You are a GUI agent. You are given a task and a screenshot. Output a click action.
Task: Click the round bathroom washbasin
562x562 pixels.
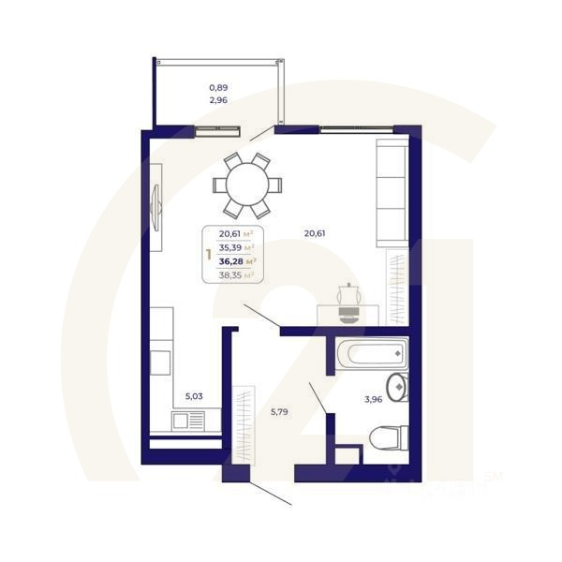pyautogui.click(x=397, y=385)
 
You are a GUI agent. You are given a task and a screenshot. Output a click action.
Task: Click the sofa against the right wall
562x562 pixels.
pyautogui.click(x=391, y=191)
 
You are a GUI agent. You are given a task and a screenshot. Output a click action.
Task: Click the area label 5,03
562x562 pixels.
pyautogui.click(x=194, y=396)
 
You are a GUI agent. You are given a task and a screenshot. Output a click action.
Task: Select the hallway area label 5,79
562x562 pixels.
pyautogui.click(x=281, y=409)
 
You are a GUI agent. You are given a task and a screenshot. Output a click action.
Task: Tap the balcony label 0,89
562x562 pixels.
pyautogui.click(x=218, y=87)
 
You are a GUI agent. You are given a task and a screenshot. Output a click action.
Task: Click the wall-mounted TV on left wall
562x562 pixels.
pyautogui.click(x=155, y=202)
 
